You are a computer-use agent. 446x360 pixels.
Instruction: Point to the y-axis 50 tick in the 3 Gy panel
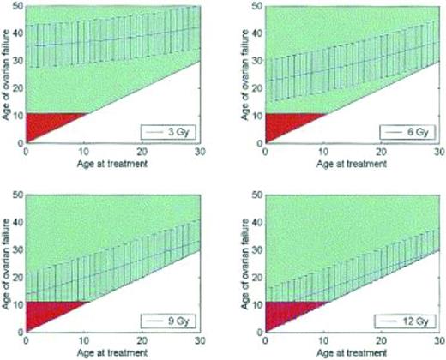click(x=17, y=7)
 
